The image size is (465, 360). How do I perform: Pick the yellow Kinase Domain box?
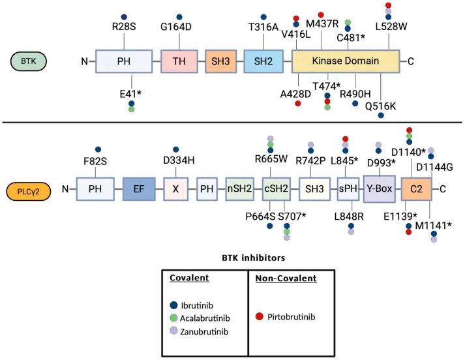pyautogui.click(x=346, y=61)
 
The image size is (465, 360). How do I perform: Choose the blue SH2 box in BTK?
pyautogui.click(x=263, y=61)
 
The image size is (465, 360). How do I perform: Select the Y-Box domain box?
pyautogui.click(x=379, y=190)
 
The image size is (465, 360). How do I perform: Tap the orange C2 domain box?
pyautogui.click(x=415, y=190)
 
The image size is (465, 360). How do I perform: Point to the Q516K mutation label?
pyautogui.click(x=381, y=102)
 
